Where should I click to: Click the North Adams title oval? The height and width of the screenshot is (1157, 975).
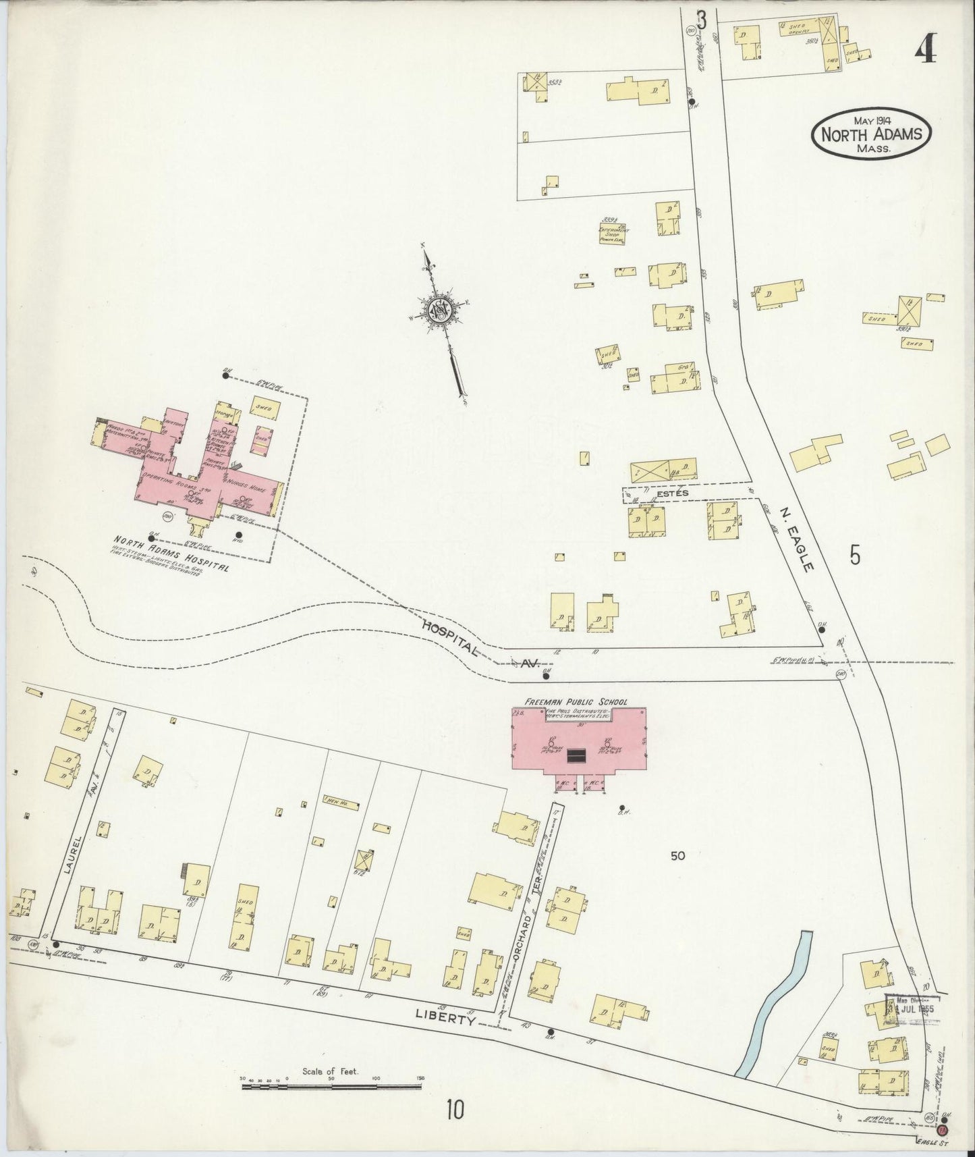pos(870,134)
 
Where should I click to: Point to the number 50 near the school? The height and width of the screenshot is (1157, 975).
pos(678,856)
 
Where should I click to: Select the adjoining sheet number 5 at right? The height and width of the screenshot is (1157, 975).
pos(855,555)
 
